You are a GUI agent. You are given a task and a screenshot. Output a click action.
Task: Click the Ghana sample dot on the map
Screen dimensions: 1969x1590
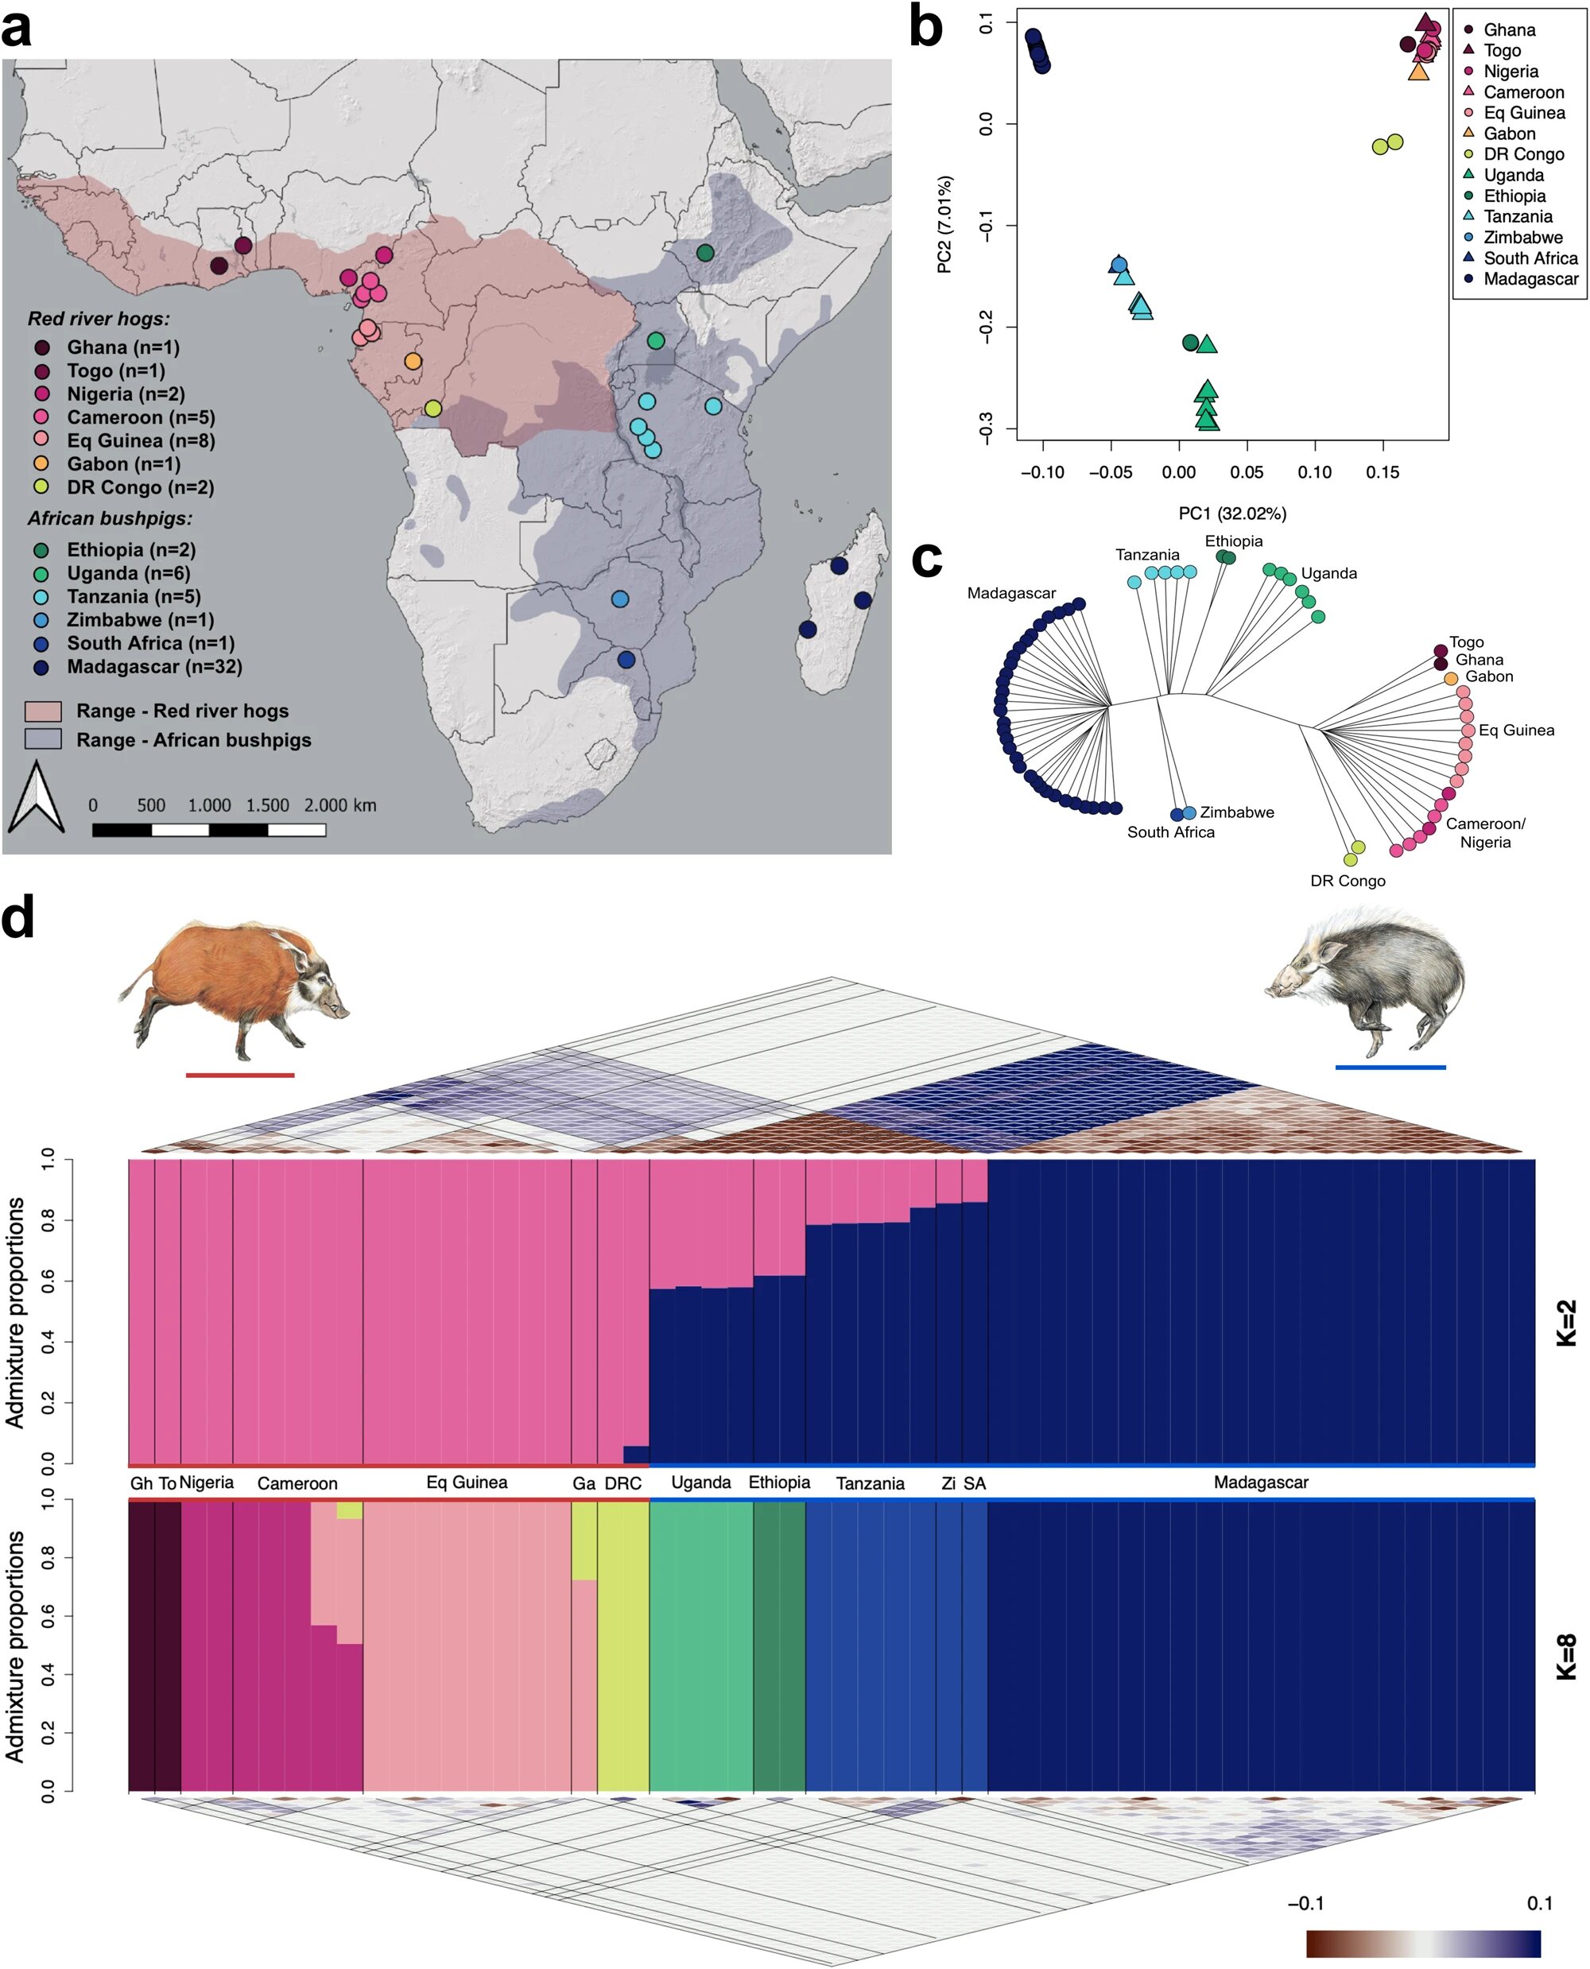tap(219, 266)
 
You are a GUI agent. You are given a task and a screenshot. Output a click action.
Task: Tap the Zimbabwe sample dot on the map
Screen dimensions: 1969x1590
tap(620, 599)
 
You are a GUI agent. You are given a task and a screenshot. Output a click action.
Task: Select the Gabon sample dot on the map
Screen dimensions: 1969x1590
tap(413, 362)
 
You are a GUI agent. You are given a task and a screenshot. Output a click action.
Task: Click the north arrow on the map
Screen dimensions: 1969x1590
tap(36, 797)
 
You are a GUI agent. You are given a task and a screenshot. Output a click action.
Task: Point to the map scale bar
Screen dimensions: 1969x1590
tap(209, 830)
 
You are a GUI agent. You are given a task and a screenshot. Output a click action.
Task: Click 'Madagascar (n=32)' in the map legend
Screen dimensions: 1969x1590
tap(154, 667)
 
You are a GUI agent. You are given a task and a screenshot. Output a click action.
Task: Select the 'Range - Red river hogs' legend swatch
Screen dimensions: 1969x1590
tap(43, 711)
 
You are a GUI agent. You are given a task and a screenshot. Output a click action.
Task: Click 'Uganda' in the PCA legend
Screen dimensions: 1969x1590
tap(1513, 175)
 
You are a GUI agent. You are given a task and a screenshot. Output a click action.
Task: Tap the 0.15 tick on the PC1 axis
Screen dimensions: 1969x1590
tap(1382, 472)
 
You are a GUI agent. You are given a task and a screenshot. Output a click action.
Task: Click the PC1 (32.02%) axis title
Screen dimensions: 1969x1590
tap(1232, 514)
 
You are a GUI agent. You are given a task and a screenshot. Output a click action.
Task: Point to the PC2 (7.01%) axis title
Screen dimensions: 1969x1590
tap(944, 224)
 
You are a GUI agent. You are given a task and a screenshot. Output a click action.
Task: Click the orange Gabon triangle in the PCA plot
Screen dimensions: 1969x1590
tap(1417, 72)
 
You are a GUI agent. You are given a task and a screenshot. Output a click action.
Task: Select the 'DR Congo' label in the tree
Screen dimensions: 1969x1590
tap(1348, 881)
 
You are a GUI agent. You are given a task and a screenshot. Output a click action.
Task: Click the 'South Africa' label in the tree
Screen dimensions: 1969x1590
tap(1170, 832)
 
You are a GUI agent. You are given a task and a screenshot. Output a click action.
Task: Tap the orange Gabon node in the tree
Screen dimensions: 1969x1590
tap(1451, 679)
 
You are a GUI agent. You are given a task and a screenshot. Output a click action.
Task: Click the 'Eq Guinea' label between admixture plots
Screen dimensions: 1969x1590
tap(466, 1483)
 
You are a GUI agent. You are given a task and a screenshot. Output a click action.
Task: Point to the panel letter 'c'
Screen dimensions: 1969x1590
tap(927, 560)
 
